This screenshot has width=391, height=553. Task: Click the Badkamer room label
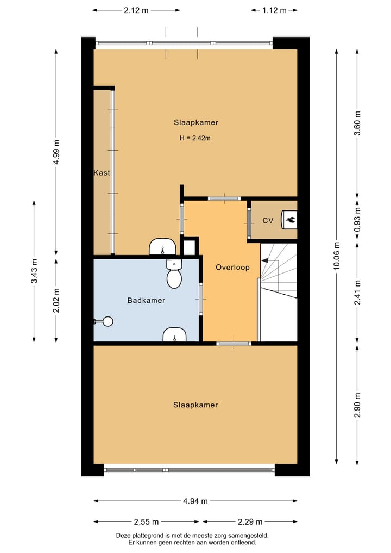pos(146,300)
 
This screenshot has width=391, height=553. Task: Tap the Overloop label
pos(232,267)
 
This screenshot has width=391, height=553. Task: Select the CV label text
pos(268,221)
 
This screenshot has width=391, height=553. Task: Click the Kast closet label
pos(102,173)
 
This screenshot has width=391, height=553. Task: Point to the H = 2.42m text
pos(195,138)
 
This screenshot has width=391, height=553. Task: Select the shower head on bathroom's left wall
pos(105,321)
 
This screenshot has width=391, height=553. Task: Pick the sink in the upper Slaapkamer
pos(162,247)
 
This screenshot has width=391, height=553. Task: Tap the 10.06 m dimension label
pos(337,255)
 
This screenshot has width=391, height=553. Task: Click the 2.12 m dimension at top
pos(136,10)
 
